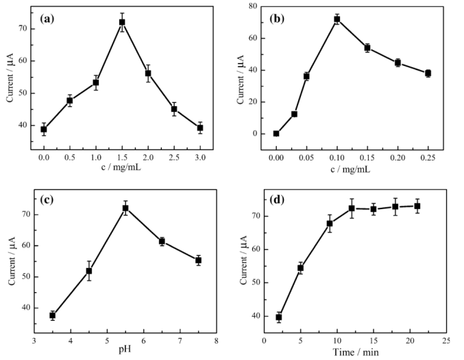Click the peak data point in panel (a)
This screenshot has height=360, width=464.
pyautogui.click(x=122, y=22)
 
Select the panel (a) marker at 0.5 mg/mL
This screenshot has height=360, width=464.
pyautogui.click(x=69, y=101)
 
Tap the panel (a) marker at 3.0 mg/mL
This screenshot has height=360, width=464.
pyautogui.click(x=200, y=128)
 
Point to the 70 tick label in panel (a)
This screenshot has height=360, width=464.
pyautogui.click(x=32, y=29)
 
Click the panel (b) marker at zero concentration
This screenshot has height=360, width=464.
pyautogui.click(x=276, y=134)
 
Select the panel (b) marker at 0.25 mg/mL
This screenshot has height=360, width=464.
pyautogui.click(x=428, y=73)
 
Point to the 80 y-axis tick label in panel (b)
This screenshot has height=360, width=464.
pyautogui.click(x=261, y=6)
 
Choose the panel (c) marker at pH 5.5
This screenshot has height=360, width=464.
pyautogui.click(x=125, y=208)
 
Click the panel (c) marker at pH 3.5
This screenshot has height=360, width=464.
pyautogui.click(x=52, y=315)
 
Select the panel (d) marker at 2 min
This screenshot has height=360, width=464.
pyautogui.click(x=279, y=317)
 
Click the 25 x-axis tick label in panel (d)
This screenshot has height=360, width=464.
pyautogui.click(x=445, y=340)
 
